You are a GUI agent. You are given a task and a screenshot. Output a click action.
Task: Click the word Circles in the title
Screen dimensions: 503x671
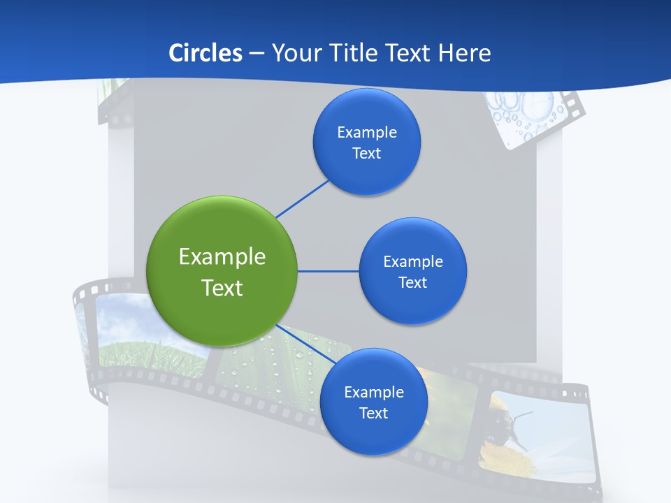click(205, 53)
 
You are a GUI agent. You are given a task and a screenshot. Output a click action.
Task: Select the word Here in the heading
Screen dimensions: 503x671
click(464, 53)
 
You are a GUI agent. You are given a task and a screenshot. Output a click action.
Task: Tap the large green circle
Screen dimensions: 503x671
click(222, 272)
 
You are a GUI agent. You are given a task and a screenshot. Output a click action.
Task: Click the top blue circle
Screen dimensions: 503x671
click(366, 142)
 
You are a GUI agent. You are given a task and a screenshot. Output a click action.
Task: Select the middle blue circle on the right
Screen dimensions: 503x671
click(412, 271)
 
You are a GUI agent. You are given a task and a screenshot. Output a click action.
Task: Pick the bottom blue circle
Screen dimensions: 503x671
click(373, 402)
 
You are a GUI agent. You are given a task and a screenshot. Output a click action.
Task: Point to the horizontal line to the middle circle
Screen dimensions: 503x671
click(329, 271)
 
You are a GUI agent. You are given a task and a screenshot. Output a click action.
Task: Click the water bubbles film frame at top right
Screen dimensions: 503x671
click(528, 115)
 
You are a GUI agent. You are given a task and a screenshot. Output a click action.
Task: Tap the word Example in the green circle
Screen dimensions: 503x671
click(222, 257)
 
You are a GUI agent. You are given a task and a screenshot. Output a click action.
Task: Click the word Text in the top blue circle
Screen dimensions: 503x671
click(366, 153)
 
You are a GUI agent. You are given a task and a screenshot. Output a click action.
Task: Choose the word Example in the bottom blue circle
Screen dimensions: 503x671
click(373, 392)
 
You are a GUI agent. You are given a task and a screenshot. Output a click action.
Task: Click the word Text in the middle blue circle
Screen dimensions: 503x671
click(412, 282)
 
